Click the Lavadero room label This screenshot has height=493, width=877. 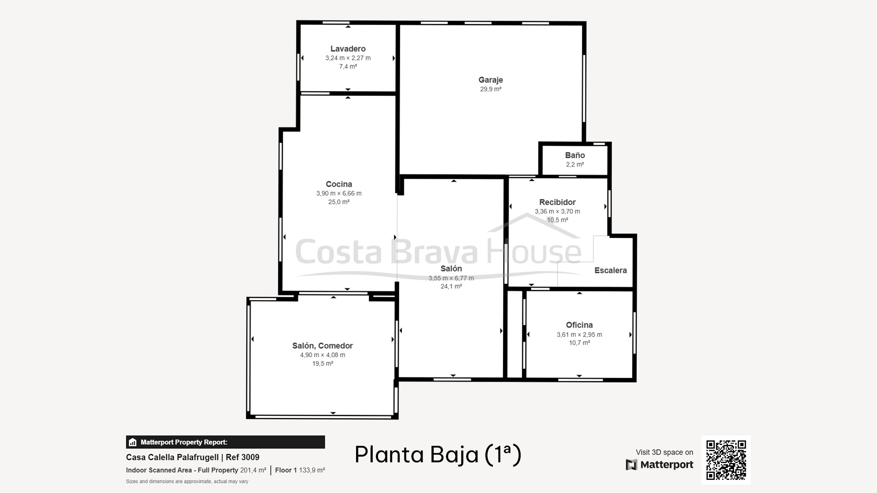click(x=348, y=49)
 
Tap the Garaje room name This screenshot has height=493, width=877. click(x=491, y=80)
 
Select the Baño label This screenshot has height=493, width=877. click(x=575, y=155)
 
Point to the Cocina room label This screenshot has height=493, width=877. click(x=339, y=184)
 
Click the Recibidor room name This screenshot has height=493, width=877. click(x=557, y=202)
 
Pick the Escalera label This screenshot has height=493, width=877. click(x=610, y=270)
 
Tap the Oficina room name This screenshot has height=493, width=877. click(x=579, y=325)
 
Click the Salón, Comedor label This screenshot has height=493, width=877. click(x=323, y=346)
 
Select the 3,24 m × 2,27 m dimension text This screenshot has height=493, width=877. click(x=348, y=58)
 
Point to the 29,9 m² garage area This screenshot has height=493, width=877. click(x=491, y=89)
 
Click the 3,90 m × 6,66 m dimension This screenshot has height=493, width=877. click(x=339, y=193)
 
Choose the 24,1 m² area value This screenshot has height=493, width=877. click(x=451, y=286)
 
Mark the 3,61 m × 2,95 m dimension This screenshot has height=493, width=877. click(x=579, y=334)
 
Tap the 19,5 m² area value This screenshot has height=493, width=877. click(x=323, y=363)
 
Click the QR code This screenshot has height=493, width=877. click(x=726, y=460)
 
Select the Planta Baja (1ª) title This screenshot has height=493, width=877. click(x=438, y=454)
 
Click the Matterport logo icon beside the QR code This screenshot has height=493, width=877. click(x=631, y=465)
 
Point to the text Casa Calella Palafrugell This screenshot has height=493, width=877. click(x=172, y=457)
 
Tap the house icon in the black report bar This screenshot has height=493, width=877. click(x=133, y=442)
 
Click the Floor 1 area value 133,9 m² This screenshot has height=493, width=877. click(x=312, y=470)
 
